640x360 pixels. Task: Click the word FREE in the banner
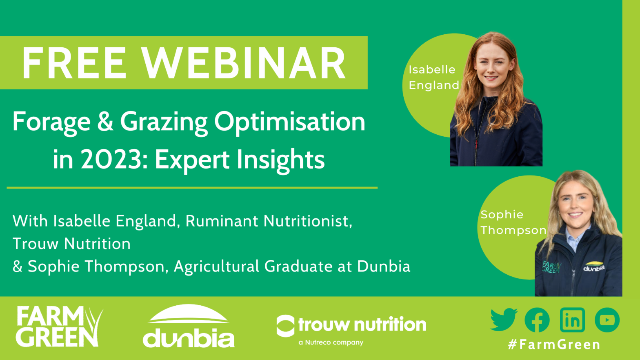74,63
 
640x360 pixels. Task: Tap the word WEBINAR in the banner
244,63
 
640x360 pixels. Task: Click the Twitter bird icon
504,320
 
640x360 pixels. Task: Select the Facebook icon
537,320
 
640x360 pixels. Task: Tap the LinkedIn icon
572,320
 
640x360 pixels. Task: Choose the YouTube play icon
607,320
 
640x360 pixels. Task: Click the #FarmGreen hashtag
554,344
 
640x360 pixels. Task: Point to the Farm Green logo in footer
59,326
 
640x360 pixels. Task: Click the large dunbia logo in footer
189,326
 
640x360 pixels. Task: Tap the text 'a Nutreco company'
331,342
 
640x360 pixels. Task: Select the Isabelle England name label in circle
434,78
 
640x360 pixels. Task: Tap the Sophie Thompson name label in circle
513,222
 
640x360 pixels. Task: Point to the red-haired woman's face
493,65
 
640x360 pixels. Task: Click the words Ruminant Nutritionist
269,221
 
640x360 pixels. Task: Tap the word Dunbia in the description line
384,266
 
